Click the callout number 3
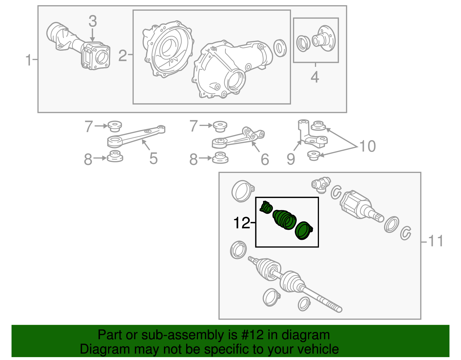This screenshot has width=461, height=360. click(x=93, y=21)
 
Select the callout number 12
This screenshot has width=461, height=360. click(x=242, y=223)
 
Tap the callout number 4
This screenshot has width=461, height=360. click(x=315, y=77)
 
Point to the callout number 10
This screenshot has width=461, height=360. click(x=367, y=146)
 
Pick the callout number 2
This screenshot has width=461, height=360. click(x=123, y=56)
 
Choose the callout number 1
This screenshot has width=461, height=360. click(x=29, y=60)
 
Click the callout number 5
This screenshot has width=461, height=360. click(x=153, y=159)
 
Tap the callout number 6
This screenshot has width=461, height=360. click(x=265, y=159)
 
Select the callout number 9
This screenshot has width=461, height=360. click(x=291, y=159)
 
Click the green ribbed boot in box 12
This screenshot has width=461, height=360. click(x=284, y=220)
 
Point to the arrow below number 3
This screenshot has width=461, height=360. click(x=92, y=35)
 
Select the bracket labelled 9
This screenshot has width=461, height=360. click(x=313, y=133)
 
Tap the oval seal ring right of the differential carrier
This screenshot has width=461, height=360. click(x=280, y=48)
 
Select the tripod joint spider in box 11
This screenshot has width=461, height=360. click(x=321, y=185)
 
